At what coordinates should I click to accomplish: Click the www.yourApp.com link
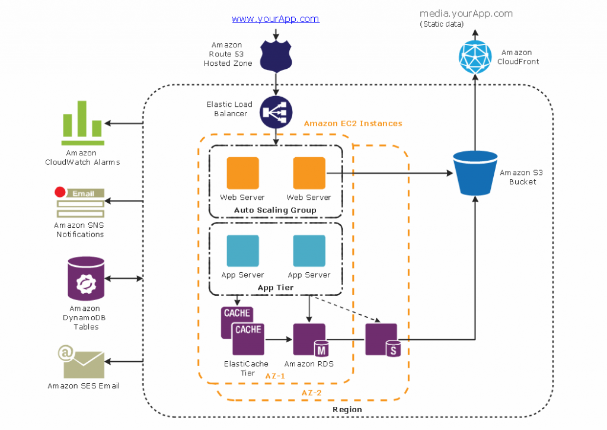pyautogui.click(x=275, y=19)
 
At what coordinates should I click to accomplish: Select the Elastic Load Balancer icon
pyautogui.click(x=276, y=112)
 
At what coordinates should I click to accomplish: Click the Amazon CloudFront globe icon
pyautogui.click(x=475, y=57)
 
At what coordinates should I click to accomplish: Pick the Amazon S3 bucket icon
pyautogui.click(x=475, y=173)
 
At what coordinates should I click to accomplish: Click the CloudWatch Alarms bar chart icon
pyautogui.click(x=83, y=123)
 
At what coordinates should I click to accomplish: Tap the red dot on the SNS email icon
pyautogui.click(x=59, y=192)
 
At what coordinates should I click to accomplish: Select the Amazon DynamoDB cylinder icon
pyautogui.click(x=86, y=278)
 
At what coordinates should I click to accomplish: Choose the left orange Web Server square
pyautogui.click(x=242, y=173)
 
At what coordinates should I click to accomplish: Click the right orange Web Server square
pyautogui.click(x=309, y=173)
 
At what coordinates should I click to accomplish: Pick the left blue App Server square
pyautogui.click(x=242, y=251)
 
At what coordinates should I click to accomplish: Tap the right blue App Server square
pyautogui.click(x=309, y=251)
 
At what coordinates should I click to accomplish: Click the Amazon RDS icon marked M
pyautogui.click(x=309, y=340)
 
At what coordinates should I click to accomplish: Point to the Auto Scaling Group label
pyautogui.click(x=275, y=210)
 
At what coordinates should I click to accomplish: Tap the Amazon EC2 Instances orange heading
pyautogui.click(x=353, y=123)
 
